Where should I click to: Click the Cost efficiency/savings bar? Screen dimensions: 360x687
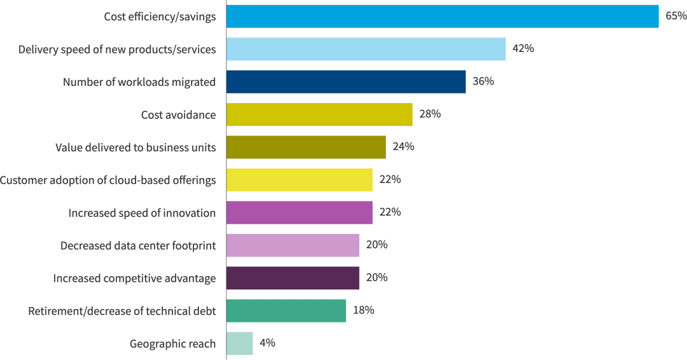[442, 17]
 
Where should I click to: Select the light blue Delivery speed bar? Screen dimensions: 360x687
[366, 49]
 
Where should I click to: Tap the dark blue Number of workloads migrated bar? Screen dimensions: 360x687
[346, 82]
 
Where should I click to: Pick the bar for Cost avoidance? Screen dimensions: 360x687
[319, 114]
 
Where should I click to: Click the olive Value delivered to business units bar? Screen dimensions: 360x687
[306, 147]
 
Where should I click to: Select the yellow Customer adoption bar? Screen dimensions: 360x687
[299, 180]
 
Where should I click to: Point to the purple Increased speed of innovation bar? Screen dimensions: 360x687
[299, 212]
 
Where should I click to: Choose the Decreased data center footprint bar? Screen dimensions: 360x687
[293, 245]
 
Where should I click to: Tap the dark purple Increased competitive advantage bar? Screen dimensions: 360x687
[293, 278]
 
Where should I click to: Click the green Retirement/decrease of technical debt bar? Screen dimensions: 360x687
[286, 310]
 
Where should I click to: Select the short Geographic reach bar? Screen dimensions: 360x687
[239, 343]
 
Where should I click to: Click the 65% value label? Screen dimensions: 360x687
[676, 16]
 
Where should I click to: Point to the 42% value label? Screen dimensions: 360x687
[523, 49]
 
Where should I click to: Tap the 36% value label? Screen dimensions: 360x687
[483, 81]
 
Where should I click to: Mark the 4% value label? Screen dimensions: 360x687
[267, 343]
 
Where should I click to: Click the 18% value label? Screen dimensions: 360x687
[363, 310]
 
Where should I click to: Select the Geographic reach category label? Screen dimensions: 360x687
[172, 344]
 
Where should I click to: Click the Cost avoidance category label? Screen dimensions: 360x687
[178, 115]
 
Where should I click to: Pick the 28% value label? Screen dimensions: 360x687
[430, 114]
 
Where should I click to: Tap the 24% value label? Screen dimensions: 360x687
[403, 147]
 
